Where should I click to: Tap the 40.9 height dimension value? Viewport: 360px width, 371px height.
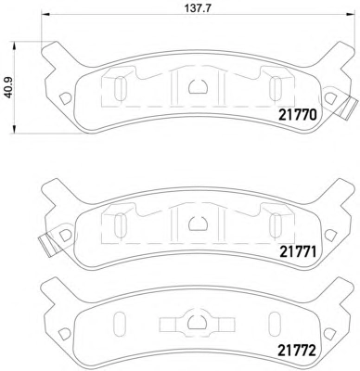pos(8,88)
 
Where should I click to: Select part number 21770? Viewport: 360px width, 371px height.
pos(298,115)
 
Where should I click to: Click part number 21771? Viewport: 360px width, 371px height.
pos(298,252)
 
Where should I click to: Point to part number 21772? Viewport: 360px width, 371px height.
pos(297,351)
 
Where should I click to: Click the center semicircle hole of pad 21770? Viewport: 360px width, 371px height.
pos(198,86)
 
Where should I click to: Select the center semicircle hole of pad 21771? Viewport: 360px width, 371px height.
pos(198,224)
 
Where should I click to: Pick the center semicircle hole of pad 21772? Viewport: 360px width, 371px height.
pos(198,323)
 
